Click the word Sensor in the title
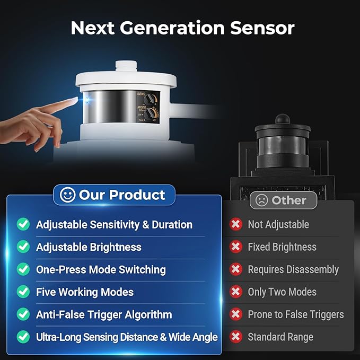click(262, 28)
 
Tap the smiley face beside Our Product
click(67, 195)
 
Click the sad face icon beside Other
click(262, 200)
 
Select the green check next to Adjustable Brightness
click(23, 247)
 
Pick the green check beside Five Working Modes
click(23, 292)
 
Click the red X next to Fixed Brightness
click(236, 247)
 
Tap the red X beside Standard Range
click(236, 337)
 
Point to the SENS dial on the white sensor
click(148, 100)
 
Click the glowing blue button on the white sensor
click(86, 101)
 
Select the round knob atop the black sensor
click(283, 119)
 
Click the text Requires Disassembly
click(293, 269)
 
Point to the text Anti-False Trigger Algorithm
click(104, 314)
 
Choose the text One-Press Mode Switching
click(101, 269)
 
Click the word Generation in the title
click(172, 28)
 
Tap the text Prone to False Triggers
click(296, 314)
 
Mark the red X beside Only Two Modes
click(236, 292)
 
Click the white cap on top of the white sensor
click(126, 66)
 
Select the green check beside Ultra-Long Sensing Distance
click(23, 337)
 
